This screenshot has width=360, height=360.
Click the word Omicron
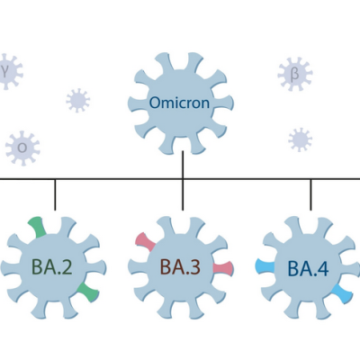pyautogui.click(x=179, y=103)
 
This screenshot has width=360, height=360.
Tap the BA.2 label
pyautogui.click(x=52, y=267)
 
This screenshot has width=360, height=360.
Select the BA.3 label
pyautogui.click(x=180, y=267)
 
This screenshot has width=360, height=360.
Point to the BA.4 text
pyautogui.click(x=308, y=268)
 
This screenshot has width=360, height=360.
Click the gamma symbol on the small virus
pyautogui.click(x=4, y=72)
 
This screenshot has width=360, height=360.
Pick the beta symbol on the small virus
pyautogui.click(x=295, y=74)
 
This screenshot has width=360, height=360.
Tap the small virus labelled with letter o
pyautogui.click(x=22, y=148)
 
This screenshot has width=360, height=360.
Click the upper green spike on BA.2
pyautogui.click(x=37, y=227)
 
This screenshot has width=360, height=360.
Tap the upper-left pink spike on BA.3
pyautogui.click(x=145, y=242)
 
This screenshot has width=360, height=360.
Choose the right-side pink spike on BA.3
pyautogui.click(x=223, y=268)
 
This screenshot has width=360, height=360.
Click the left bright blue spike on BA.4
pyautogui.click(x=265, y=267)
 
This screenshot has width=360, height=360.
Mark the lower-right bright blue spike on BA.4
pyautogui.click(x=342, y=293)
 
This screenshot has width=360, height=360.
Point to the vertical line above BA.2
pyautogui.click(x=55, y=194)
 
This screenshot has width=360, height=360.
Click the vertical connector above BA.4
pyautogui.click(x=310, y=194)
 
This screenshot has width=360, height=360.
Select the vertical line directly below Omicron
pyautogui.click(x=183, y=165)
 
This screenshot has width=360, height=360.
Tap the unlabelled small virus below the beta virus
pyautogui.click(x=300, y=139)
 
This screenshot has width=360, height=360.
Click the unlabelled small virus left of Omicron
pyautogui.click(x=78, y=101)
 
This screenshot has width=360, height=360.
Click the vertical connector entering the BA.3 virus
pyautogui.click(x=183, y=194)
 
